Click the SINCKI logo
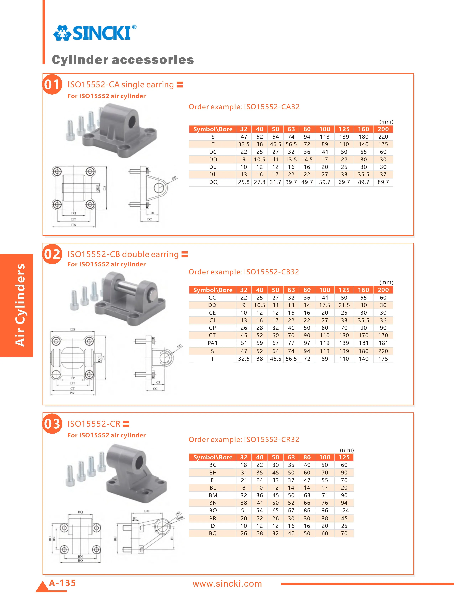[95, 33]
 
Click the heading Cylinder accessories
[123, 60]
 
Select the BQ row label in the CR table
[213, 533]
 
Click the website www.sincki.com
[227, 584]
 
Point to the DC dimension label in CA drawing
[149, 219]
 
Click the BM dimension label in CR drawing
[147, 511]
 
